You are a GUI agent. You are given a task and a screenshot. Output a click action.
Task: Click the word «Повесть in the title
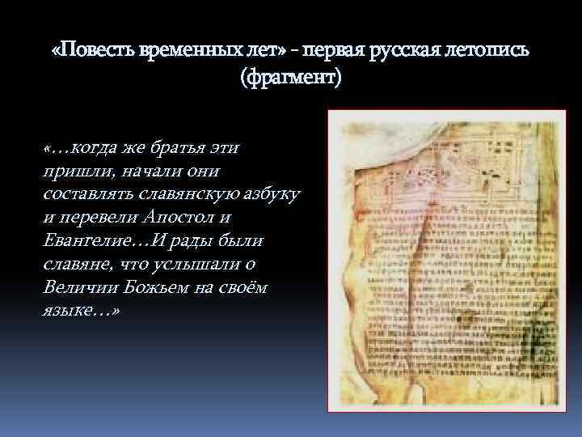click(89, 51)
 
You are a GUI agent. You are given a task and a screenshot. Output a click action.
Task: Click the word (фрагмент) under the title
click(291, 79)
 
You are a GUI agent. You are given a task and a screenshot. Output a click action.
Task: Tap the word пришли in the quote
click(72, 172)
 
